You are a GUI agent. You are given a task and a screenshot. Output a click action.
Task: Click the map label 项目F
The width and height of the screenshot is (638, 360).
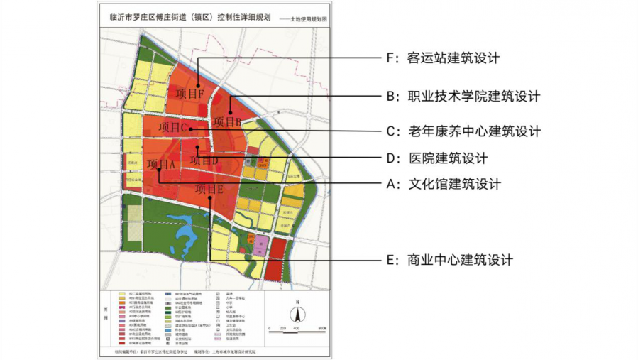[190, 93]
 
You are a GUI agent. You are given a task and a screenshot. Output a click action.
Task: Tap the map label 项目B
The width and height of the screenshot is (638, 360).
[227, 121]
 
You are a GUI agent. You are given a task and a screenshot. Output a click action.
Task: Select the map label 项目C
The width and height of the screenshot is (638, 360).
[172, 128]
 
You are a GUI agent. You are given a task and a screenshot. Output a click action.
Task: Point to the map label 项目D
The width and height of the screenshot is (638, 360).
[204, 160]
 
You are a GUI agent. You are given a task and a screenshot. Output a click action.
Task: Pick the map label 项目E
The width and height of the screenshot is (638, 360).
[209, 189]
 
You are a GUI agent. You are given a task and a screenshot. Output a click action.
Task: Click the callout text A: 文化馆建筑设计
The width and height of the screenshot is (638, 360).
[444, 184]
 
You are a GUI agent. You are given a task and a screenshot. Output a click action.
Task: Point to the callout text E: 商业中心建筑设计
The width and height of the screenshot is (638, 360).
[449, 260]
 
